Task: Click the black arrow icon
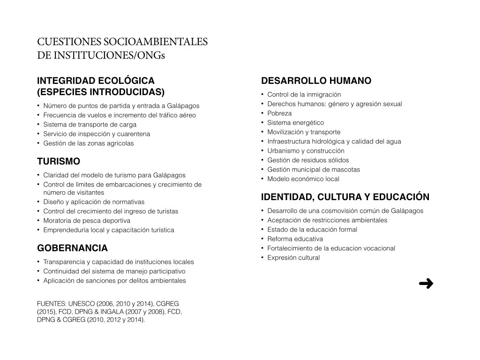(426, 283)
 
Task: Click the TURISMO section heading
(59, 162)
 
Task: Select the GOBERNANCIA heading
(72, 248)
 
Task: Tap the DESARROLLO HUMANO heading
(316, 81)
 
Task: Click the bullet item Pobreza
(279, 113)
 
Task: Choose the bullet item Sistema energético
(295, 123)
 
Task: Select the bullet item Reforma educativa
(295, 239)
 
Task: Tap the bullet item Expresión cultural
(293, 258)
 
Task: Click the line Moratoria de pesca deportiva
(87, 221)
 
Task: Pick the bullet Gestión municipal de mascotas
(314, 170)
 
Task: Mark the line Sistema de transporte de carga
(90, 125)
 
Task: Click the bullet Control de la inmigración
(304, 95)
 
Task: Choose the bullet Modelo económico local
(303, 179)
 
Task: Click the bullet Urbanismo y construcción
(306, 151)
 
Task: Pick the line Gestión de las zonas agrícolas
(88, 143)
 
